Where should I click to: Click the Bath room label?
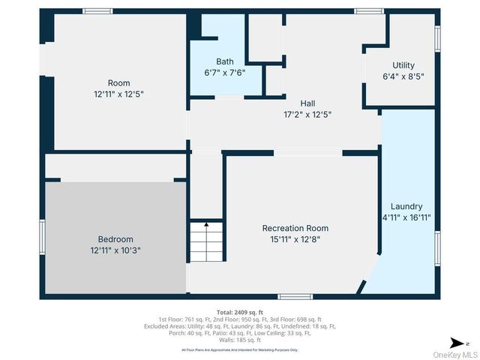click(x=225, y=61)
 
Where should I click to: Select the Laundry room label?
click(x=406, y=206)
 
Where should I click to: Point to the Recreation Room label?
click(x=295, y=228)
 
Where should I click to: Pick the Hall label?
click(x=307, y=103)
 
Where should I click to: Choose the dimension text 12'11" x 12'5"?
click(x=118, y=94)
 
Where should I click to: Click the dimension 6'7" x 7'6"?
click(x=225, y=73)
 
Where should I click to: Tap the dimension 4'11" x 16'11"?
click(x=406, y=217)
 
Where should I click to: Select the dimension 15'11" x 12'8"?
click(x=295, y=240)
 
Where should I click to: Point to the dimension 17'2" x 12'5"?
click(x=307, y=115)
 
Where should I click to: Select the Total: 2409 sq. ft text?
click(x=240, y=312)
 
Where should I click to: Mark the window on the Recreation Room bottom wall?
click(x=295, y=297)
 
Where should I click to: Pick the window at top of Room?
click(x=97, y=11)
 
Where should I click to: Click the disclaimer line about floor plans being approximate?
click(x=240, y=349)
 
